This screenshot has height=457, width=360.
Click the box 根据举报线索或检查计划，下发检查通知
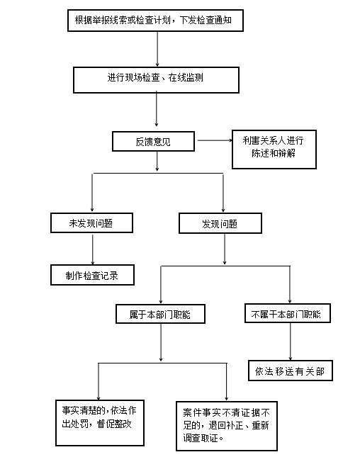[x=155, y=21]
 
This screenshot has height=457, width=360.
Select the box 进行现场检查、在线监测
[x=156, y=80]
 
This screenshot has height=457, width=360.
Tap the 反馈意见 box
[x=153, y=142]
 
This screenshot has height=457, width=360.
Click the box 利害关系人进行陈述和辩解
[x=274, y=149]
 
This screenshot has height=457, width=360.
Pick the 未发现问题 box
[x=92, y=223]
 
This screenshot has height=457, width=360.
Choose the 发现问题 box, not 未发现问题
[x=220, y=223]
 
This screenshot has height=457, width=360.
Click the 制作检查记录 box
[x=92, y=275]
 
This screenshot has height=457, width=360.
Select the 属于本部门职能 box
[x=160, y=314]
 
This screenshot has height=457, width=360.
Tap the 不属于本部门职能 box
[x=288, y=313]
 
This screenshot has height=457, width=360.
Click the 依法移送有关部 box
[x=291, y=371]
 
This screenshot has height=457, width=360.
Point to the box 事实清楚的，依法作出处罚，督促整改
[x=100, y=423]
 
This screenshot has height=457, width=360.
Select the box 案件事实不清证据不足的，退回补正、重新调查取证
[x=227, y=426]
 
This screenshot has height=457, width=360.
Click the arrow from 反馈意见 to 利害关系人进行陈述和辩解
[x=215, y=140]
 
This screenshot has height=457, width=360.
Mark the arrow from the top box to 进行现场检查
[x=157, y=49]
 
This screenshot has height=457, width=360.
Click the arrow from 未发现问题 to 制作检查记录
[x=93, y=249]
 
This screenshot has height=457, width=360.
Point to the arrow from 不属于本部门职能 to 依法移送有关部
[x=290, y=342]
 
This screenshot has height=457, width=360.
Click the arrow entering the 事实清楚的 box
[x=99, y=381]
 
